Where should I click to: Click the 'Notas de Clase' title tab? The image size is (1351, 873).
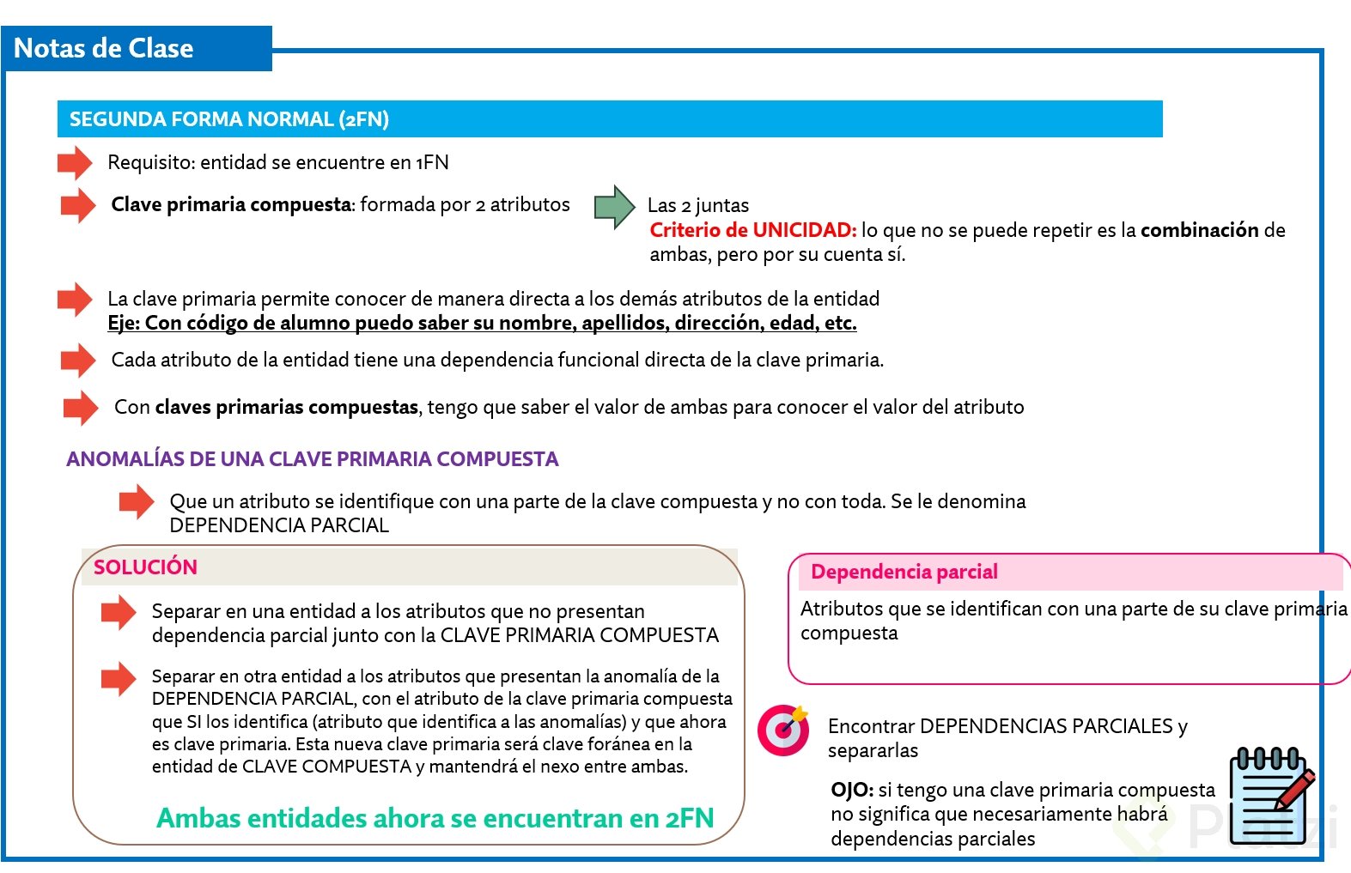point(104,48)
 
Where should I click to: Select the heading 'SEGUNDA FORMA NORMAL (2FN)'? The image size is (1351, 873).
point(229,119)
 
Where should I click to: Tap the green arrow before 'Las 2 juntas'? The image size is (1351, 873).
point(614,207)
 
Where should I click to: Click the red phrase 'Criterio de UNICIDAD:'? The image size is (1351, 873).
point(752,230)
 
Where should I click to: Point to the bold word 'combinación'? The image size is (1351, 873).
point(1199,230)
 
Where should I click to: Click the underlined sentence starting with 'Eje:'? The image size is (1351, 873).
point(482,323)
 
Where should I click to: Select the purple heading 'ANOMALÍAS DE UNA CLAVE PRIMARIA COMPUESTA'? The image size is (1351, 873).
point(313,459)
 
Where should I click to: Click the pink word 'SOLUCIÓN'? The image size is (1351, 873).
point(145,567)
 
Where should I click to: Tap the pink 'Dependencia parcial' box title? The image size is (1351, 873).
point(904,572)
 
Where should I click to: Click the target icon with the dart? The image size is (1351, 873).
point(782,730)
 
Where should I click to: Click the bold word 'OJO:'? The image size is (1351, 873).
point(852,790)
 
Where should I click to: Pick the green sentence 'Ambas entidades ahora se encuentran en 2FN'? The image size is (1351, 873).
point(435,818)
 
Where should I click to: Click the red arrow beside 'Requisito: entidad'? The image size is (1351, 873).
point(75,162)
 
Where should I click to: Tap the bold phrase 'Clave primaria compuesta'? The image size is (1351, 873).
point(231,204)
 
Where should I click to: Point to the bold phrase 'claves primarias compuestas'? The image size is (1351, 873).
point(286,407)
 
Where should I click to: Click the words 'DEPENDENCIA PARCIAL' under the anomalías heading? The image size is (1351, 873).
point(279,525)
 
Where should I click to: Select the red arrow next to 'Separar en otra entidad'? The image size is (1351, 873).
point(119,679)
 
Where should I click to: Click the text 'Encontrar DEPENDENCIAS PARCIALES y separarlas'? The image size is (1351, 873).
point(1007,737)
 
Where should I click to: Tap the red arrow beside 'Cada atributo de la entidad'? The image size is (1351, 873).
point(78,361)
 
